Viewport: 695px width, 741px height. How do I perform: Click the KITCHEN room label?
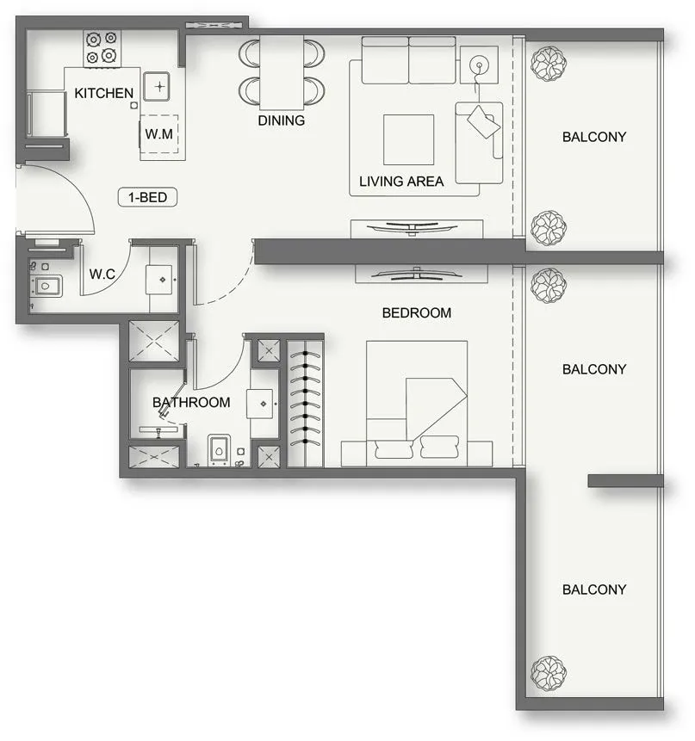click(104, 93)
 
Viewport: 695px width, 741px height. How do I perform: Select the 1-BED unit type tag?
click(148, 198)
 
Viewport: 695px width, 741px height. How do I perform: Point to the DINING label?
click(282, 120)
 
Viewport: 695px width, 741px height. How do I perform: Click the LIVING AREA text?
click(401, 182)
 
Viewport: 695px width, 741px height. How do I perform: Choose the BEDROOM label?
click(417, 312)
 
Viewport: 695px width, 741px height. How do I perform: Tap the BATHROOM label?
click(191, 402)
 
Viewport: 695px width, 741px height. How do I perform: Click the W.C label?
click(102, 275)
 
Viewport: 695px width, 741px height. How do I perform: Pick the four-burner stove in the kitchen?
click(102, 48)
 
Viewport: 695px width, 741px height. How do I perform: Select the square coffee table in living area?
click(409, 139)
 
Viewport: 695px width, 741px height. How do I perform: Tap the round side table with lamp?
click(479, 65)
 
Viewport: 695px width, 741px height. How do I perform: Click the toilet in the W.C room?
click(46, 285)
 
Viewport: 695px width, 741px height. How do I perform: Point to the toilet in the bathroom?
click(220, 451)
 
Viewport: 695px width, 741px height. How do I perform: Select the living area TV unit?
click(417, 228)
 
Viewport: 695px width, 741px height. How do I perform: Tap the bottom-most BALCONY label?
click(594, 590)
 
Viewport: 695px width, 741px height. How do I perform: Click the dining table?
click(282, 72)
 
